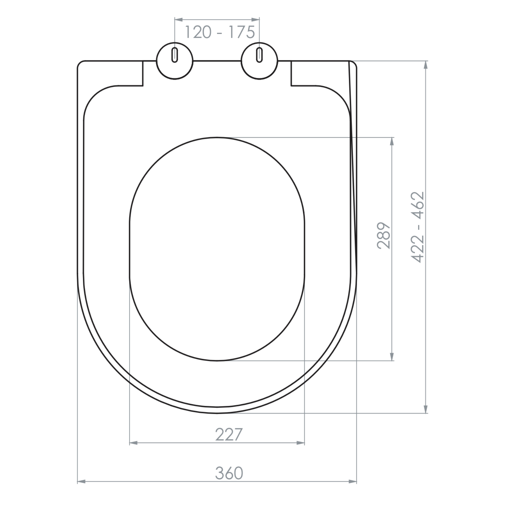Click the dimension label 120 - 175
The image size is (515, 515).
pos(219,32)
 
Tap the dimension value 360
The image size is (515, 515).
pos(229,473)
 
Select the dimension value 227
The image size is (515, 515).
pos(229,435)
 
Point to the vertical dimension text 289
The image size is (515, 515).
pos(384,236)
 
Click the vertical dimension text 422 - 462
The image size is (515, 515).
pos(418,227)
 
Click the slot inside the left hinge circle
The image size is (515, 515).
pos(175,55)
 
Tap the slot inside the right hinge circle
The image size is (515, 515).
pos(259,55)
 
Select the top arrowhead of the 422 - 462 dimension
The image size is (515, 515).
pos(426,65)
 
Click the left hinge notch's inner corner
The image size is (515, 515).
pos(143,85)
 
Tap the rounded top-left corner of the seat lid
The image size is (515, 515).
pos(80,63)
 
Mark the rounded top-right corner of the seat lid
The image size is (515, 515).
pos(355,63)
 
